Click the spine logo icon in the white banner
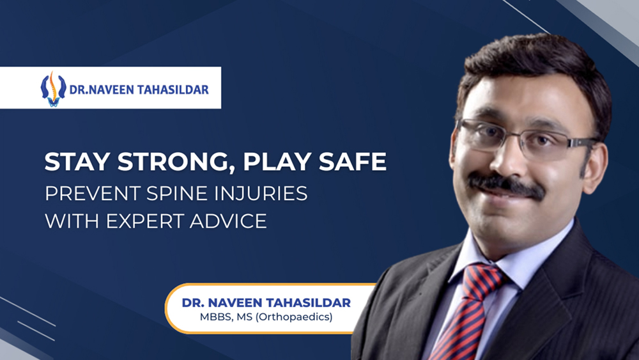tap(53, 88)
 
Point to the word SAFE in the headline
tap(356, 162)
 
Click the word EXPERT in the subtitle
tap(136, 221)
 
